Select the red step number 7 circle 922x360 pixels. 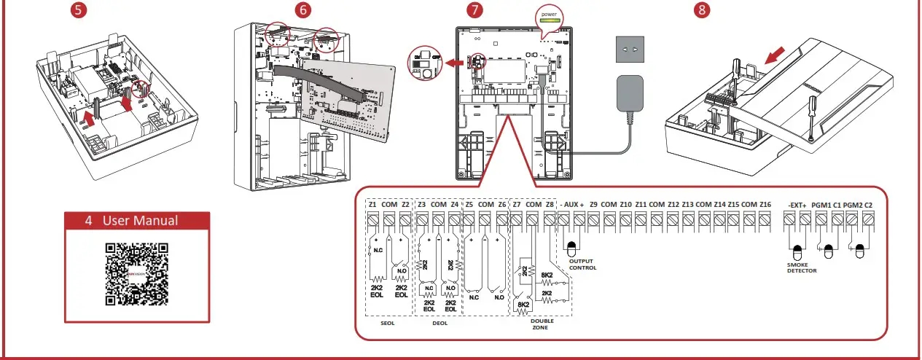pos(475,11)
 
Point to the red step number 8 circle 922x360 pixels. pos(701,11)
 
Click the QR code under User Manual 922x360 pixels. pos(137,274)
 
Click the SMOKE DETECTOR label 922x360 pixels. pos(801,267)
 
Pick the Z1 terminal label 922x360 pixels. pos(373,205)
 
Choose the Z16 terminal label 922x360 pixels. pos(765,205)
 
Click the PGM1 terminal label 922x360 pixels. pos(821,205)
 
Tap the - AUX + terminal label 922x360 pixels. pos(571,205)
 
